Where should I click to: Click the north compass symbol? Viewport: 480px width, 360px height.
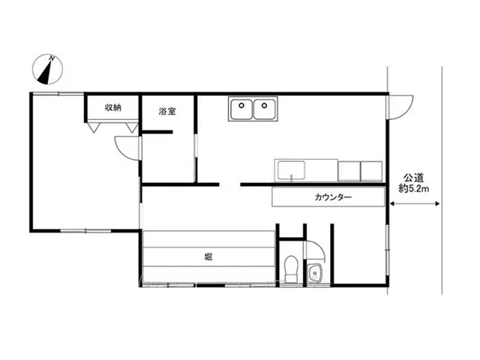coord(47,69)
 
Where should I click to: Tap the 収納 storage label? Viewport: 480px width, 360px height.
coord(113,107)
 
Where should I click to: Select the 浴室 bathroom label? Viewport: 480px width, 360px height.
coord(167,111)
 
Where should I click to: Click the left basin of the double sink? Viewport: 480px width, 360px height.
coord(241,109)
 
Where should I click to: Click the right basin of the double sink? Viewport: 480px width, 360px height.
coord(265,109)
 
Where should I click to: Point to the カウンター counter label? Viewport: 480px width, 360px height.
coord(333,197)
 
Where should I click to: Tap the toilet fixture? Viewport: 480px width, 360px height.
coord(291,269)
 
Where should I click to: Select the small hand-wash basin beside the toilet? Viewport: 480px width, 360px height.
coord(314,273)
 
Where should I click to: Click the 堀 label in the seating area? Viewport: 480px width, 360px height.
coord(208,257)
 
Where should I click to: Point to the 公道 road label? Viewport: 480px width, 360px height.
coord(413,178)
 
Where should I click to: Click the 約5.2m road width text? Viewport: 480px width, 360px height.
coord(413,188)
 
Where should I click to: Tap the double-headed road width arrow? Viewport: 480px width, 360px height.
coord(415,204)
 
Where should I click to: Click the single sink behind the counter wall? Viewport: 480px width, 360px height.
coord(291,171)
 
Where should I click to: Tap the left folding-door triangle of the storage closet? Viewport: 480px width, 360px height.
coord(94,127)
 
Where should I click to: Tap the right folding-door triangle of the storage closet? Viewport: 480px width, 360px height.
coord(132,127)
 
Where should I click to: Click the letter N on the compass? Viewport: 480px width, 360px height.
coord(52,58)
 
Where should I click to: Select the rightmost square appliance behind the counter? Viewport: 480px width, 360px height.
coord(371,171)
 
